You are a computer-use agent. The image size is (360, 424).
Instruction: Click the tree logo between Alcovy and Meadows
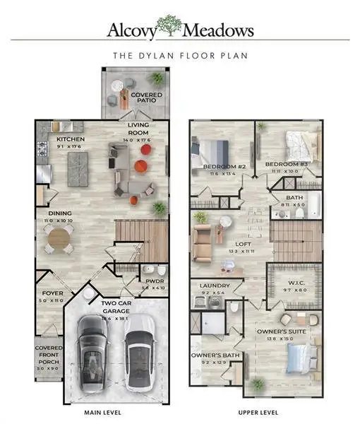coord(168,27)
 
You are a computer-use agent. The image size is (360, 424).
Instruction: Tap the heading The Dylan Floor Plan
coord(179,54)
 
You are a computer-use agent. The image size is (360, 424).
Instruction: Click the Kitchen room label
coord(71,139)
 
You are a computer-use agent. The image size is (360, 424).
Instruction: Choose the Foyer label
coord(52,293)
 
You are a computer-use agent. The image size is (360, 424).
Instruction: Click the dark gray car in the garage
coord(94,350)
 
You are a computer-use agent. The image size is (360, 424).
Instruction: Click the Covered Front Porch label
coord(49,357)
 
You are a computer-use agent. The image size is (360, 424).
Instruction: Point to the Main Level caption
coord(102,412)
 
